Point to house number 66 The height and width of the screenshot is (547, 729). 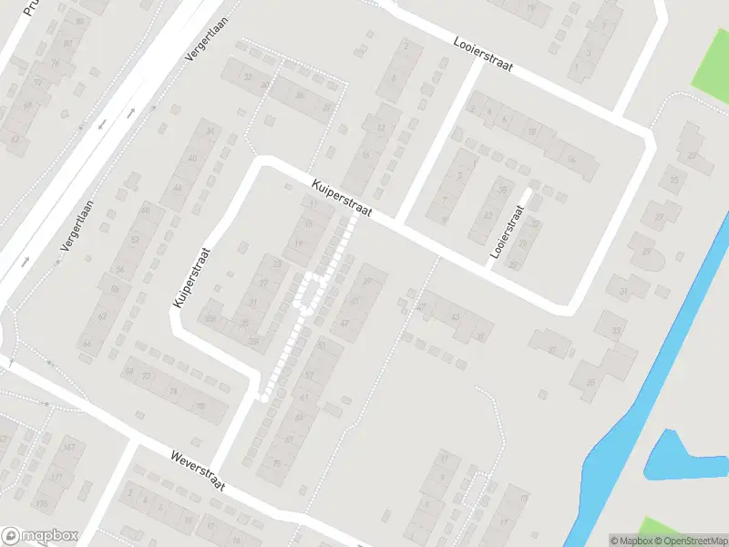[87, 343]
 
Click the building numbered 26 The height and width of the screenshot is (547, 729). [299, 94]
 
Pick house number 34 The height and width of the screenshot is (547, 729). [210, 131]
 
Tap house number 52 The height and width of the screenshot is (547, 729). [135, 240]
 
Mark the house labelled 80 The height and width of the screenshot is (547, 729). [68, 43]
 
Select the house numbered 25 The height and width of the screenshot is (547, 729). [674, 180]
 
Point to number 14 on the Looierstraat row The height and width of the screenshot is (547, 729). [571, 159]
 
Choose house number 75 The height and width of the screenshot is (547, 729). [277, 463]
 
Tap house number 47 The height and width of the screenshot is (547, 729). [344, 323]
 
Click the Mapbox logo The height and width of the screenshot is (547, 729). [40, 536]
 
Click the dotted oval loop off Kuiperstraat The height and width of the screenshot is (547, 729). [311, 292]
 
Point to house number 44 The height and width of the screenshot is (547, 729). [178, 189]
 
